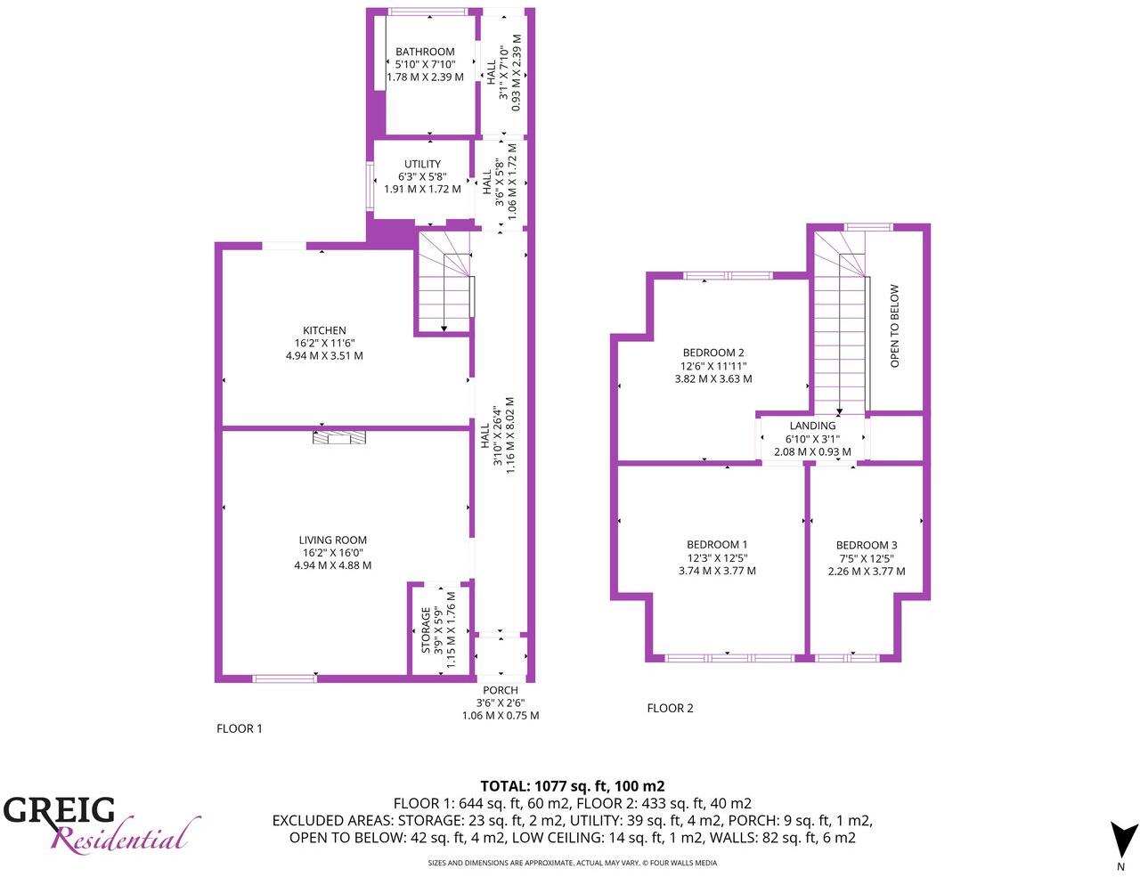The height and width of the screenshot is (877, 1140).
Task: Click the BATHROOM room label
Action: [425, 52]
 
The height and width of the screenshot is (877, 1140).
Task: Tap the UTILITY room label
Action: [422, 165]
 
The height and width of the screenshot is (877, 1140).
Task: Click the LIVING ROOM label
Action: [332, 540]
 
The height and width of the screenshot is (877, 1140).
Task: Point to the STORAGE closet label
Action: [427, 629]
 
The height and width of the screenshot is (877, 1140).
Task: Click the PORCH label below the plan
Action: [500, 690]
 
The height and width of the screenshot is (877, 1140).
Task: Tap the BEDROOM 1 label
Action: [716, 545]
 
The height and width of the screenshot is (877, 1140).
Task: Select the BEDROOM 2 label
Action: [712, 353]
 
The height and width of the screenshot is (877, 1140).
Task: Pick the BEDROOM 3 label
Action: [866, 546]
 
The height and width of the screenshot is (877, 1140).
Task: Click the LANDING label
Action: [812, 426]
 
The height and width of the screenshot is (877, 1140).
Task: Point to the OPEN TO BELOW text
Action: [895, 326]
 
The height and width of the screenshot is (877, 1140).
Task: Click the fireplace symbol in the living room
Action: [339, 436]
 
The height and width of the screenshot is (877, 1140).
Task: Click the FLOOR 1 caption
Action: [240, 728]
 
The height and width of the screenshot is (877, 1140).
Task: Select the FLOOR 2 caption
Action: [670, 709]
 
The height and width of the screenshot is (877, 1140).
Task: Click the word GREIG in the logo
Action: [59, 810]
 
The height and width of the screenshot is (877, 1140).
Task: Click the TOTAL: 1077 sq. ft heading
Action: [572, 786]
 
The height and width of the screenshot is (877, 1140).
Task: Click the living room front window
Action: [284, 678]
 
